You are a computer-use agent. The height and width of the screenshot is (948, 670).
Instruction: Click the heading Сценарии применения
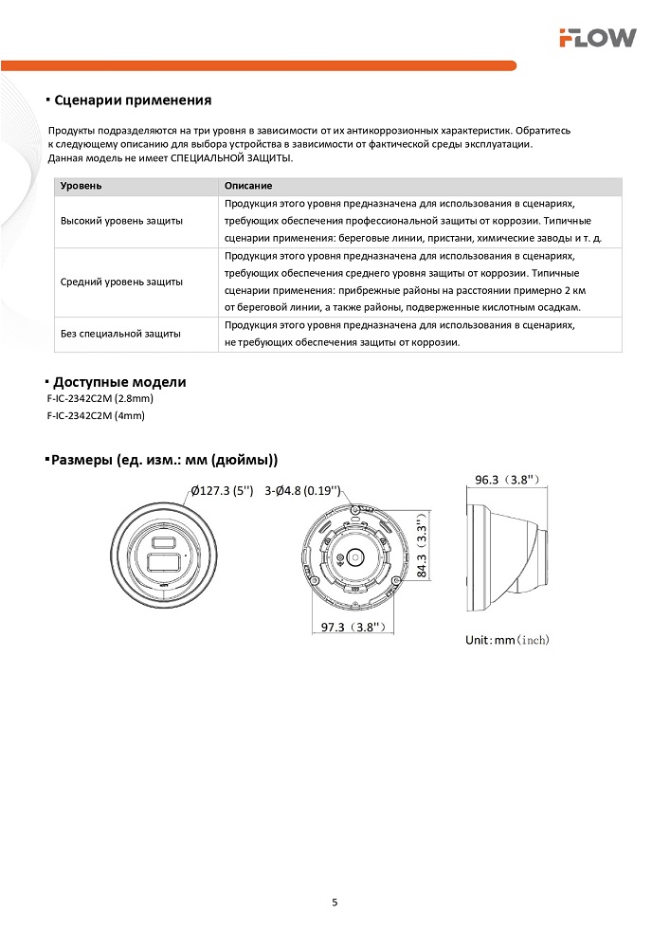(x=133, y=100)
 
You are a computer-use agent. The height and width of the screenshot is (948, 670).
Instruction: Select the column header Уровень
(x=81, y=187)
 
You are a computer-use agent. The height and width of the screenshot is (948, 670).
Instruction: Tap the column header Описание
(x=248, y=187)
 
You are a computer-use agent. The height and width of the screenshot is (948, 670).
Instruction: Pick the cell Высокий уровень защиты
(x=122, y=221)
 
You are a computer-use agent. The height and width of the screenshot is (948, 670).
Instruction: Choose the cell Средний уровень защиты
(x=122, y=282)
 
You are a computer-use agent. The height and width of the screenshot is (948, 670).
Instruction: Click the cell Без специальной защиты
(x=120, y=334)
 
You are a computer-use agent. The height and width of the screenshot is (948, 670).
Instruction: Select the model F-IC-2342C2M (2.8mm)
(x=100, y=399)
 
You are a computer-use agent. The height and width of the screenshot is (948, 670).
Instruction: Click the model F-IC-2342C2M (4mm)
(x=96, y=415)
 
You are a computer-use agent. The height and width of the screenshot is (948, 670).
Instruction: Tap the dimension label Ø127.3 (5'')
(x=222, y=491)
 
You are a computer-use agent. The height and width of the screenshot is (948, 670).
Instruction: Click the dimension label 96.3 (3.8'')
(x=507, y=480)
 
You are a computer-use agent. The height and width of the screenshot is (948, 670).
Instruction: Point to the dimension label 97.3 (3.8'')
(x=351, y=628)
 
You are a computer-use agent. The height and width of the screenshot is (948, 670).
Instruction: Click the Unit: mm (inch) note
(x=507, y=640)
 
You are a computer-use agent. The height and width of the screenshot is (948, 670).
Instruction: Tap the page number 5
(x=335, y=902)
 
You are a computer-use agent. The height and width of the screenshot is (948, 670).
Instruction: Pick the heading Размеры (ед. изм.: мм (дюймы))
(x=164, y=461)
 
